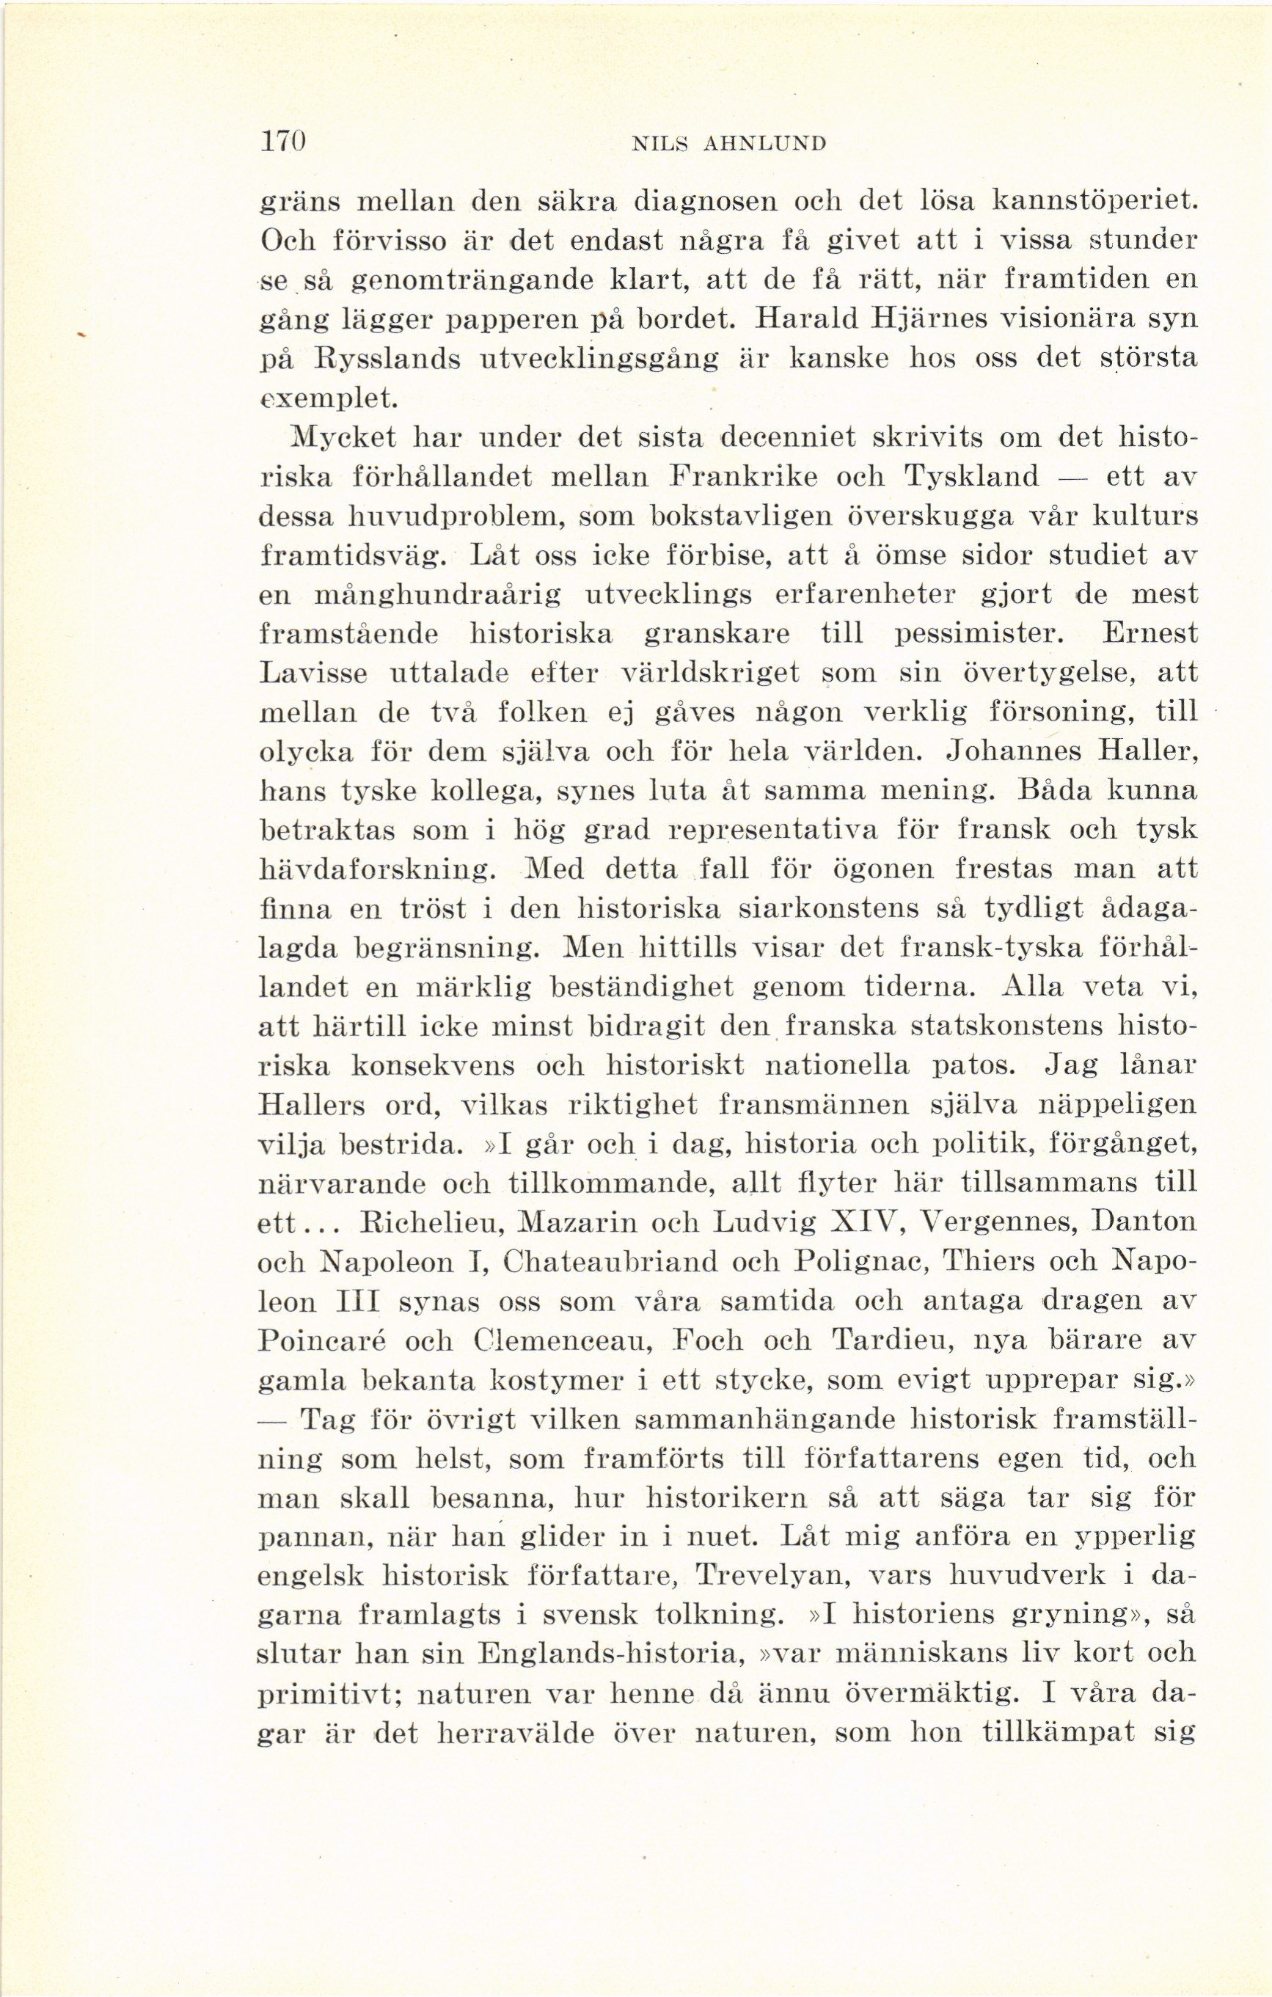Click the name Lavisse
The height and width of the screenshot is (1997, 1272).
click(312, 673)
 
